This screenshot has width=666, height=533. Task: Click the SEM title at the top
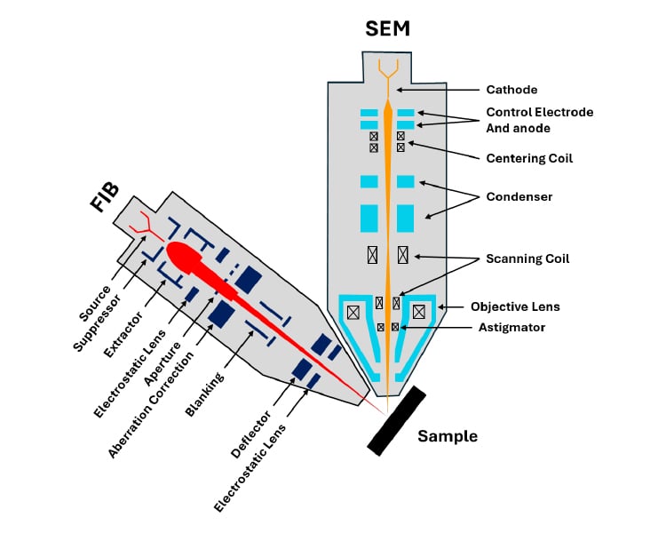387,28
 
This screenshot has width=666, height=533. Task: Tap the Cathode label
511,90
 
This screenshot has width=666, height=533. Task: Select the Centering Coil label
529,158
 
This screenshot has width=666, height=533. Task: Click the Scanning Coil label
527,259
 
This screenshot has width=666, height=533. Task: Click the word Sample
448,436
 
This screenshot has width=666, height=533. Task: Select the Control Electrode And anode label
539,120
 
